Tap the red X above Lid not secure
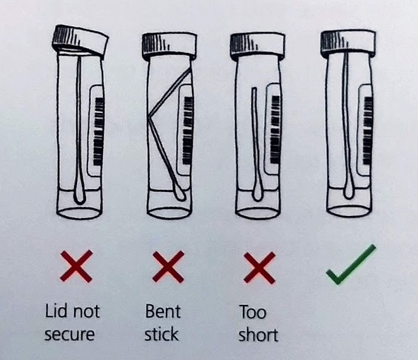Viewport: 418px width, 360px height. (x=76, y=266)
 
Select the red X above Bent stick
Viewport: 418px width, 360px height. (x=168, y=267)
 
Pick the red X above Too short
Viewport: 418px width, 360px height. (x=259, y=268)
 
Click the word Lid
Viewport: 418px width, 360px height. (x=56, y=311)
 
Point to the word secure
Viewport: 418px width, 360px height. (x=70, y=335)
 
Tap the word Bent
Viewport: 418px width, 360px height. (x=163, y=311)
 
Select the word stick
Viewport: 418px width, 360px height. (x=161, y=334)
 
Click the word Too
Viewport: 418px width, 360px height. (x=253, y=312)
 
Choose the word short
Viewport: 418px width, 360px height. (x=258, y=335)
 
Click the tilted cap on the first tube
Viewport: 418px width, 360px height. (x=80, y=41)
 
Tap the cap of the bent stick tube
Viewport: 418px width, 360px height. (x=169, y=46)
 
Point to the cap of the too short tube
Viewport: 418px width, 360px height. (x=258, y=46)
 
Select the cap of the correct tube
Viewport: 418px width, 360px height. (x=348, y=44)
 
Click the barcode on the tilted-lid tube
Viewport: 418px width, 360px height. (x=99, y=131)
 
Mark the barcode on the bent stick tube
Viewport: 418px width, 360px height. (x=188, y=131)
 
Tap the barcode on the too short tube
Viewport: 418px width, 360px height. (x=275, y=129)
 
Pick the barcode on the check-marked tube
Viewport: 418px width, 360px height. (x=368, y=131)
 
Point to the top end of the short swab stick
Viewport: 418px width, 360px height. (x=254, y=89)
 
